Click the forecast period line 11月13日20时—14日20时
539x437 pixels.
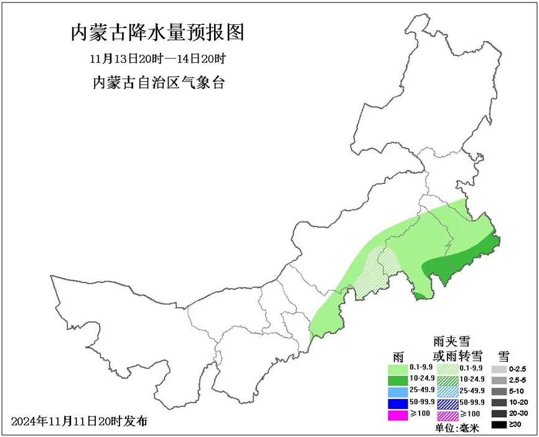(x=157, y=60)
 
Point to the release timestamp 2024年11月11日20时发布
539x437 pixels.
(x=80, y=421)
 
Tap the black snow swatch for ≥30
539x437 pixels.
(x=499, y=425)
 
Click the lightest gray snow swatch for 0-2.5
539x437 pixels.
(x=499, y=369)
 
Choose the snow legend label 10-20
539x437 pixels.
(x=518, y=403)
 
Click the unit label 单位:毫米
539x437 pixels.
(x=455, y=429)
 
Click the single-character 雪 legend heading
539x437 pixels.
(x=504, y=356)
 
